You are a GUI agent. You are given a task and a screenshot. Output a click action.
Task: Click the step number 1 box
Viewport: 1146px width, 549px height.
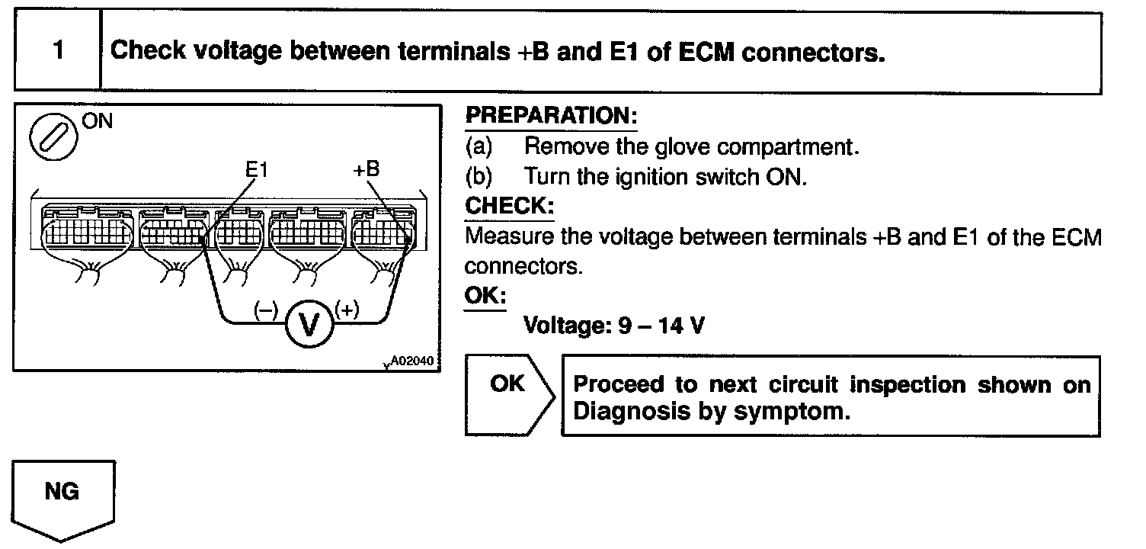coord(58,52)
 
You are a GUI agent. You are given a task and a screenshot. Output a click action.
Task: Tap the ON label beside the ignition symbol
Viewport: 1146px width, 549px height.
coord(96,122)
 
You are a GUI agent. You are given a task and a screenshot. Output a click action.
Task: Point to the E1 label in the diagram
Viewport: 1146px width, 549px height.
coord(257,170)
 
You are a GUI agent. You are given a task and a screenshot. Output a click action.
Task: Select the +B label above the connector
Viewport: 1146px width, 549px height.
coord(366,169)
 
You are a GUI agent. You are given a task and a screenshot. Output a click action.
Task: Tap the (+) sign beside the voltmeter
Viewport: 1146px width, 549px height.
coord(347,310)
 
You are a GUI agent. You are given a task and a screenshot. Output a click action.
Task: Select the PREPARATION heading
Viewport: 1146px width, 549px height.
coord(550,117)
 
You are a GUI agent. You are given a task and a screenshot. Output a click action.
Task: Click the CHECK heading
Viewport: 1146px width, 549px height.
coord(509,207)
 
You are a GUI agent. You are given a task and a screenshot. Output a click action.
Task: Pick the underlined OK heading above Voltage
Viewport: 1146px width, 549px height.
coord(485,296)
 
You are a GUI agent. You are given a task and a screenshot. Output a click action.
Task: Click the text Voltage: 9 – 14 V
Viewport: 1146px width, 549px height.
coord(613,326)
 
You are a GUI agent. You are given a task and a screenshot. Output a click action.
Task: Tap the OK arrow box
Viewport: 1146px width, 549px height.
coord(509,393)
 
